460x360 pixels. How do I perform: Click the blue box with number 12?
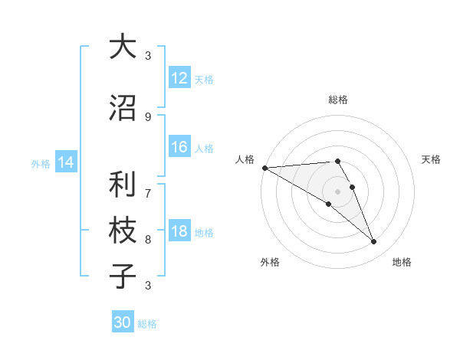179,78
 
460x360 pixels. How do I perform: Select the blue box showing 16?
179,148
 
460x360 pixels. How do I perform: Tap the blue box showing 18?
179,232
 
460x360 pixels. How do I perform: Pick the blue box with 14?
65,162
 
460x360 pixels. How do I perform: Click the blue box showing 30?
123,322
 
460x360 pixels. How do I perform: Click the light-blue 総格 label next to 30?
148,324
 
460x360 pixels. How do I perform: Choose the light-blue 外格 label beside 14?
41,163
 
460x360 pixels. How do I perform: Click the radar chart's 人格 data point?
264,168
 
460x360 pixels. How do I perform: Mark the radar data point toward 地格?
374,242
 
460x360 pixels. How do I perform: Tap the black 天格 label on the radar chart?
432,159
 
